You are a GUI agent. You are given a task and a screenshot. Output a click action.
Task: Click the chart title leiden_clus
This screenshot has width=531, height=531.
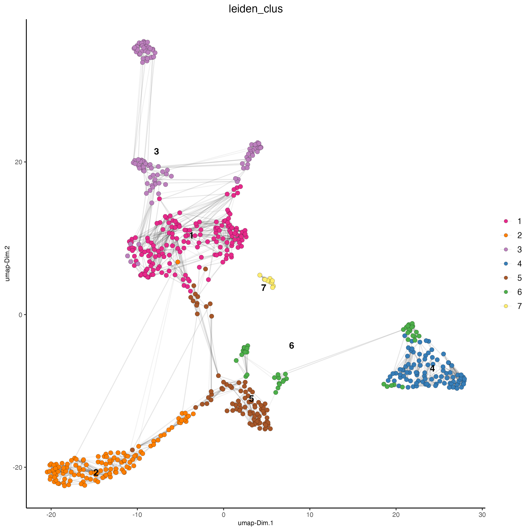(256, 9)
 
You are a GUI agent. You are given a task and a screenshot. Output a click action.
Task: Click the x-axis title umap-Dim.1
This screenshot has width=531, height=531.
(256, 523)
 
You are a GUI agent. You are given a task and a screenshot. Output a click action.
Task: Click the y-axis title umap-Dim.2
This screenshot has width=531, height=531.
(7, 263)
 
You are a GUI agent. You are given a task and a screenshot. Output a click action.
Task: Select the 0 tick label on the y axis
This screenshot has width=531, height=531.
(20, 315)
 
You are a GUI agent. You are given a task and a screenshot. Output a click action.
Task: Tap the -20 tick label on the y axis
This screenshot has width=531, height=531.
(17, 467)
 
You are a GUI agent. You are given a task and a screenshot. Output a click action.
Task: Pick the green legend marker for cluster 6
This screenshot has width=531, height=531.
(506, 292)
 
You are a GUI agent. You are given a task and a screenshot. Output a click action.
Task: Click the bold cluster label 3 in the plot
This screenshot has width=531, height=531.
(156, 151)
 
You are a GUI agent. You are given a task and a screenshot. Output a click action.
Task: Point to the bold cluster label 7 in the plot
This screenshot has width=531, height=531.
(264, 288)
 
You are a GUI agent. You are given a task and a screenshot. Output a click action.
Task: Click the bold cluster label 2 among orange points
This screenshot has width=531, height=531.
(96, 473)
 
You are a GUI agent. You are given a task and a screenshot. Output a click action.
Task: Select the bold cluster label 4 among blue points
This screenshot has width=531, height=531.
(432, 369)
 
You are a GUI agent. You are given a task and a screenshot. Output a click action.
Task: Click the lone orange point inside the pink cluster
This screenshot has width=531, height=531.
(178, 262)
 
